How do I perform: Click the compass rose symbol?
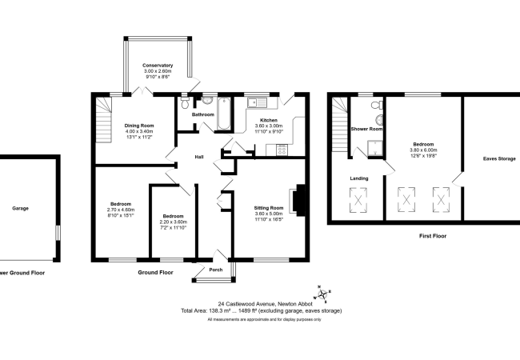(x=322, y=294)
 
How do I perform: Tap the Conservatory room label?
(x=158, y=66)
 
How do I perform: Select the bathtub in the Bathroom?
(x=224, y=114)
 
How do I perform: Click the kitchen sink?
(x=257, y=102)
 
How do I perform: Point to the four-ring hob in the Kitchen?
(x=282, y=150)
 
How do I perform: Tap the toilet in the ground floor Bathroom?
(x=185, y=102)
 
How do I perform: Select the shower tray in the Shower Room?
(x=374, y=148)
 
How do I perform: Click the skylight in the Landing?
(x=358, y=200)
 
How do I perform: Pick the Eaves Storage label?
(x=499, y=158)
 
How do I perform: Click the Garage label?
(x=21, y=208)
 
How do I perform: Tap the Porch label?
(x=216, y=270)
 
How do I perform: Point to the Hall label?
(x=199, y=157)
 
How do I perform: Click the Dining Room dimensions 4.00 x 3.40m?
(x=139, y=131)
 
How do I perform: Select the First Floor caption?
(x=433, y=236)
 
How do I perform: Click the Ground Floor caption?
(x=155, y=273)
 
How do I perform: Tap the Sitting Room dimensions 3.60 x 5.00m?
(x=269, y=214)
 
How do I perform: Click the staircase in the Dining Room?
(x=104, y=120)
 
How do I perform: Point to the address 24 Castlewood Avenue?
(x=246, y=304)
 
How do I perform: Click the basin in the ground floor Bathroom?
(x=207, y=100)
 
